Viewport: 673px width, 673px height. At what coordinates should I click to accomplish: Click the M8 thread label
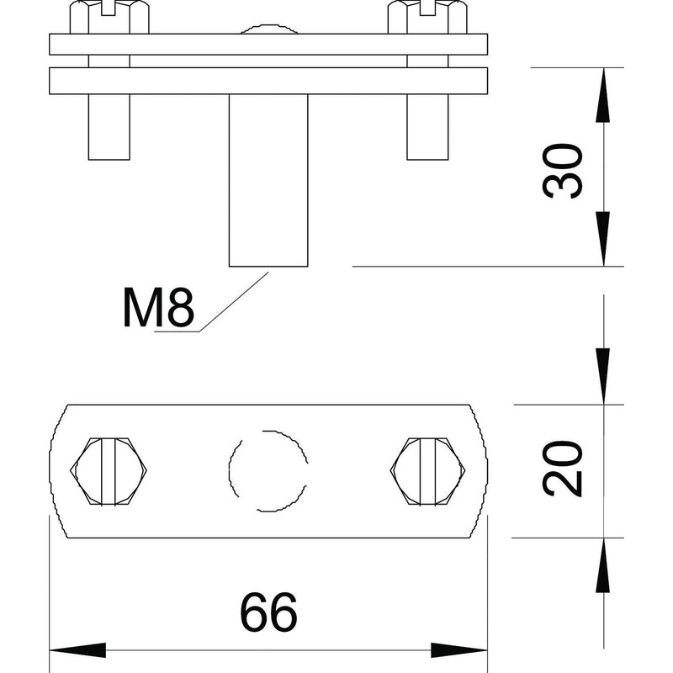pos(158,307)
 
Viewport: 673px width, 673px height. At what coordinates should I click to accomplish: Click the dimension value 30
pos(562,171)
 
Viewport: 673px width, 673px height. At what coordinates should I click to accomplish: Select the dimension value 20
pos(562,469)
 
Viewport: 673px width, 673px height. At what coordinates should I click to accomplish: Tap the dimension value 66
pos(268,612)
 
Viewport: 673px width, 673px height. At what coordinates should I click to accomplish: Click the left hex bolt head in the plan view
pos(109,471)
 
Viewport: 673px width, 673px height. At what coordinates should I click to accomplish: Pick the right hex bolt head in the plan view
pos(428,471)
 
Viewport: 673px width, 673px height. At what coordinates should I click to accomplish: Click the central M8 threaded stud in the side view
pos(268,180)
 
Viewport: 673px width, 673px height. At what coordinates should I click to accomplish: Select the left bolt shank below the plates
pos(109,127)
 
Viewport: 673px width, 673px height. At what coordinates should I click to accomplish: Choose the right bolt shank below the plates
pos(427,127)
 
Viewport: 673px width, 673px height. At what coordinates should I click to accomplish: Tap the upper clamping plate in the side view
pos(268,45)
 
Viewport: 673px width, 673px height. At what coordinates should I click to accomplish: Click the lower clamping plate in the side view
pos(268,81)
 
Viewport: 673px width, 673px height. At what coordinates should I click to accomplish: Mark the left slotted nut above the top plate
pos(109,17)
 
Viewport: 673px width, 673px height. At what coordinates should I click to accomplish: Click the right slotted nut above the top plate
pos(427,17)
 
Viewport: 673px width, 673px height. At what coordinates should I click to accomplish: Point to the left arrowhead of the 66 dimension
pos(77,650)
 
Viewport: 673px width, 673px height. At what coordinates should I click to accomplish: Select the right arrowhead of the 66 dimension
pos(459,650)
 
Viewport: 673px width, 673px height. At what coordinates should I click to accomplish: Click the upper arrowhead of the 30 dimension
pos(603,95)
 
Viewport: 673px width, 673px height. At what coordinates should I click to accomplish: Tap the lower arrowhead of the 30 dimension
pos(603,239)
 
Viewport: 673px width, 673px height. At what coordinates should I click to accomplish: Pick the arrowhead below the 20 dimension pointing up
pos(603,565)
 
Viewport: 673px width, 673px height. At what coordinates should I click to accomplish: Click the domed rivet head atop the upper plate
pos(268,29)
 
